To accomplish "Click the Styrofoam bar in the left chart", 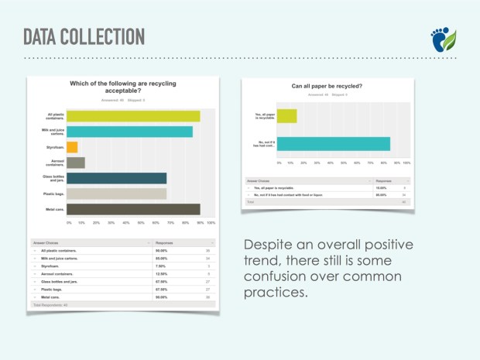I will (x=72, y=147).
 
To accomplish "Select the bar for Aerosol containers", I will (x=76, y=163).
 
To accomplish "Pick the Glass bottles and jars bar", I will (x=117, y=178).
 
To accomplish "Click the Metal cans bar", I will (x=134, y=209).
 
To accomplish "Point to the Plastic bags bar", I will (x=117, y=194).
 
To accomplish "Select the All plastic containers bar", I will (x=134, y=116).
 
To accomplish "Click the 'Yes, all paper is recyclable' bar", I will (x=286, y=116).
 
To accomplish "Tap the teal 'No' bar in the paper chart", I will (x=333, y=143).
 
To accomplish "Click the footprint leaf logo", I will (x=444, y=39).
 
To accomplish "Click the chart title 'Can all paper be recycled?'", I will (x=327, y=86).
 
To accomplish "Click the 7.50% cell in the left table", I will (x=162, y=266).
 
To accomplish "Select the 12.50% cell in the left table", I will (x=162, y=273).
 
